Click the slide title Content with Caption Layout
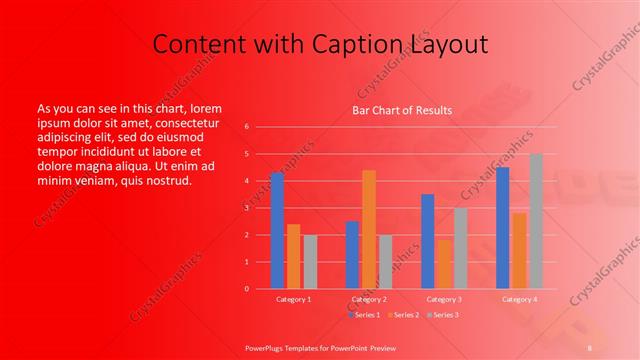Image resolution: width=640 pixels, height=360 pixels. [320, 44]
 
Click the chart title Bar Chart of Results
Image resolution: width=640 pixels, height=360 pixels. [402, 110]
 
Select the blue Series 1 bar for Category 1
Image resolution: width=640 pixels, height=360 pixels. [277, 230]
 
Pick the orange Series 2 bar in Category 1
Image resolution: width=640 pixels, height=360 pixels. [293, 256]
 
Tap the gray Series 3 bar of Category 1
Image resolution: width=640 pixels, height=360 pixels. [310, 261]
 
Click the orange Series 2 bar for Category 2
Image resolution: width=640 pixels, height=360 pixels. [369, 229]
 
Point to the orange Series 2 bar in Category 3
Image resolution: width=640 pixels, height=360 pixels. [444, 264]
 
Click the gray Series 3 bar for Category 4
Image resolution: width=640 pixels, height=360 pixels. [535, 221]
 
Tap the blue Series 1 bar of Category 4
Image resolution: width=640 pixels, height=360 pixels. [502, 227]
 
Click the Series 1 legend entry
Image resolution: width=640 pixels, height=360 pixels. [366, 315]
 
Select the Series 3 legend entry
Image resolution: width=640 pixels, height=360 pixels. [442, 315]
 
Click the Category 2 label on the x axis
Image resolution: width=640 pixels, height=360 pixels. [369, 299]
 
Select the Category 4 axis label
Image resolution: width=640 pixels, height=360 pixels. [519, 299]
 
